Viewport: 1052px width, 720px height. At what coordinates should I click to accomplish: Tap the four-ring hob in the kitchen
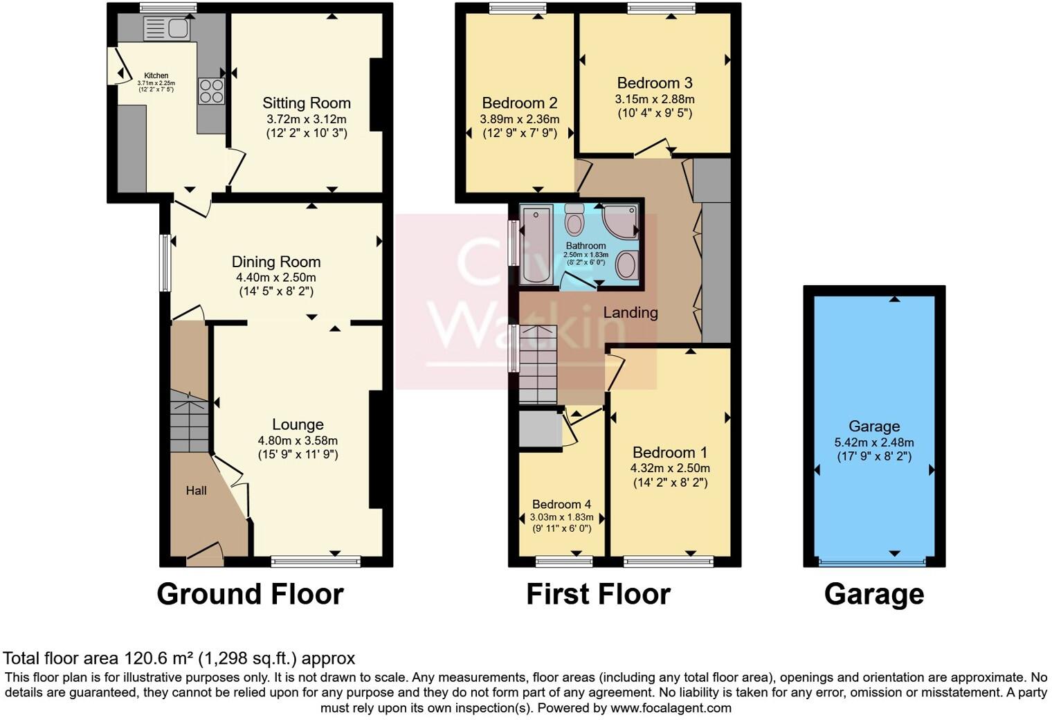click(212, 91)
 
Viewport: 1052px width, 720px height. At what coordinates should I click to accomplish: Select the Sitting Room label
click(306, 103)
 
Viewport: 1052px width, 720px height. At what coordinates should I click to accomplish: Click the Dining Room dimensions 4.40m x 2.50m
click(275, 277)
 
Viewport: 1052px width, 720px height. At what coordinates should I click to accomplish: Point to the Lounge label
click(298, 424)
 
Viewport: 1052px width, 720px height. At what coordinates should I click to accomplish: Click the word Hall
click(196, 491)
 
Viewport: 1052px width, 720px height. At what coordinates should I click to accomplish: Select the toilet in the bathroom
click(574, 219)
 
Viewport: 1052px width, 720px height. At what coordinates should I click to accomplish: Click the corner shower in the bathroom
click(620, 222)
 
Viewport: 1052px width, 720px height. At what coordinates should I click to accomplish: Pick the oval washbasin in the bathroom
click(626, 265)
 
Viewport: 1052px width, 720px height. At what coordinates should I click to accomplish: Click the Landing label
click(630, 312)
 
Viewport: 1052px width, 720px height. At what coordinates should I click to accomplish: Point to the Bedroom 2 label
click(519, 103)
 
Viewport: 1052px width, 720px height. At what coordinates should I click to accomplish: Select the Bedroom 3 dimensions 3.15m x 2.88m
click(655, 99)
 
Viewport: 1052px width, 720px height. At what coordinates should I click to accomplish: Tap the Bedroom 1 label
click(669, 452)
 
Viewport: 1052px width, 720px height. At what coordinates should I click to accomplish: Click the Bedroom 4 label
click(561, 504)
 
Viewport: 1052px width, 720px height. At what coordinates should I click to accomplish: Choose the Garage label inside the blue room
click(874, 426)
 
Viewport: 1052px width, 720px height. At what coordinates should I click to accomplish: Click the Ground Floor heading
click(250, 594)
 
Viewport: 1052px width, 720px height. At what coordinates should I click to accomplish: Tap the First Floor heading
click(598, 594)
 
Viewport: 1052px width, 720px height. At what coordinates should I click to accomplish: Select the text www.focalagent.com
click(669, 708)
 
